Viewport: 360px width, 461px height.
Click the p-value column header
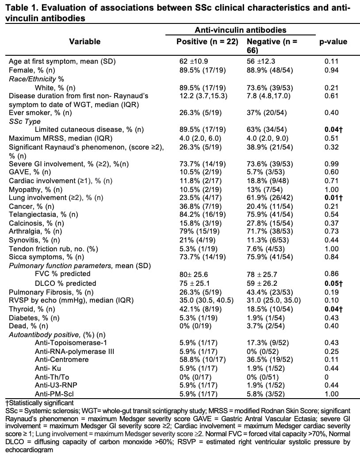pyautogui.click(x=333, y=42)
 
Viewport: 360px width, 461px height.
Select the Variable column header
pyautogui.click(x=84, y=42)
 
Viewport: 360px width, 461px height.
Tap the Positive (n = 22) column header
pyautogui.click(x=207, y=42)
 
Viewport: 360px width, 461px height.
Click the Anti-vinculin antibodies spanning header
pyautogui.click(x=240, y=30)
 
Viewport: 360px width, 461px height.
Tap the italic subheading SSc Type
pyautogui.click(x=24, y=121)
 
